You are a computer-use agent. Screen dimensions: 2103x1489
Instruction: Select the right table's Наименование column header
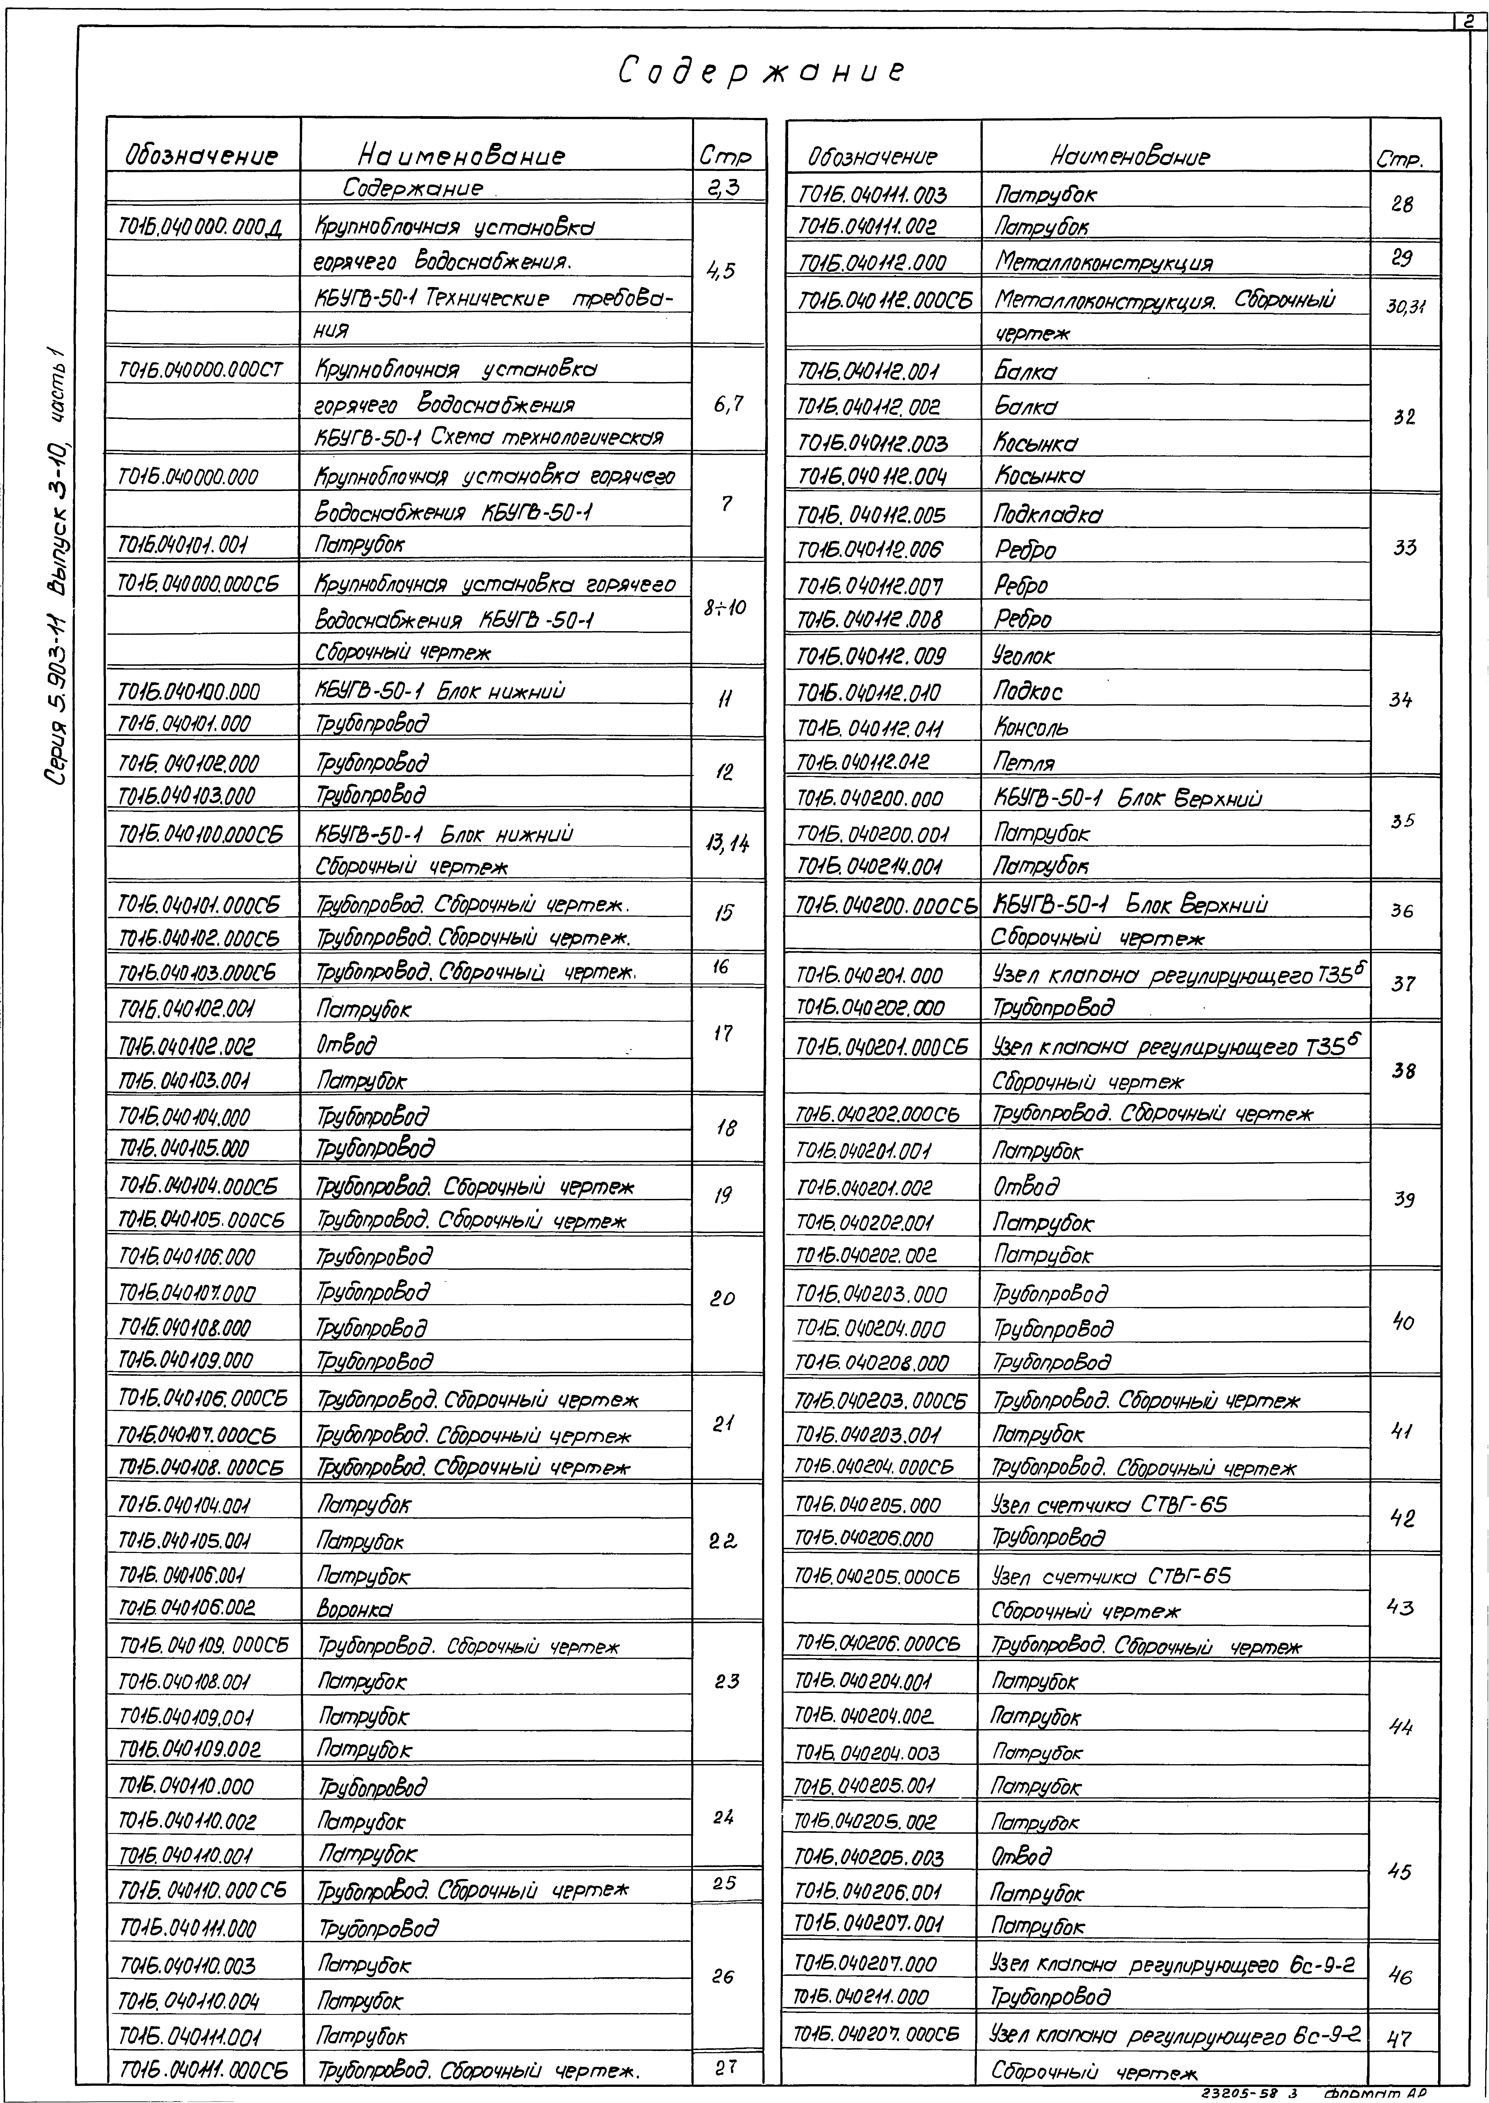(x=1130, y=157)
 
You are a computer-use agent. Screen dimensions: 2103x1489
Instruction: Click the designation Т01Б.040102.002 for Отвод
(x=186, y=1046)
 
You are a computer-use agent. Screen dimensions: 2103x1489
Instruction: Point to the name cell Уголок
(x=1024, y=656)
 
